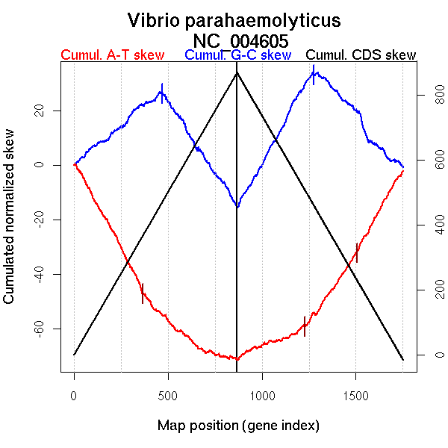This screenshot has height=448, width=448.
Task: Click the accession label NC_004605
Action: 240,40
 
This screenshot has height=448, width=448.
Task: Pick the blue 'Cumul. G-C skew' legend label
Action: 237,55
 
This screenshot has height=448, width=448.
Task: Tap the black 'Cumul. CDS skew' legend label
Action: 361,55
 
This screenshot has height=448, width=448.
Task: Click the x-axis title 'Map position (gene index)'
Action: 238,426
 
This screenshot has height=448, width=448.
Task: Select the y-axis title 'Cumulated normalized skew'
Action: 10,225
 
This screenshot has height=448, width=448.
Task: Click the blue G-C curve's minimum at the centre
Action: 237,206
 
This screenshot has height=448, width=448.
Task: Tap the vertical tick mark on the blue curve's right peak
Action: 314,74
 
